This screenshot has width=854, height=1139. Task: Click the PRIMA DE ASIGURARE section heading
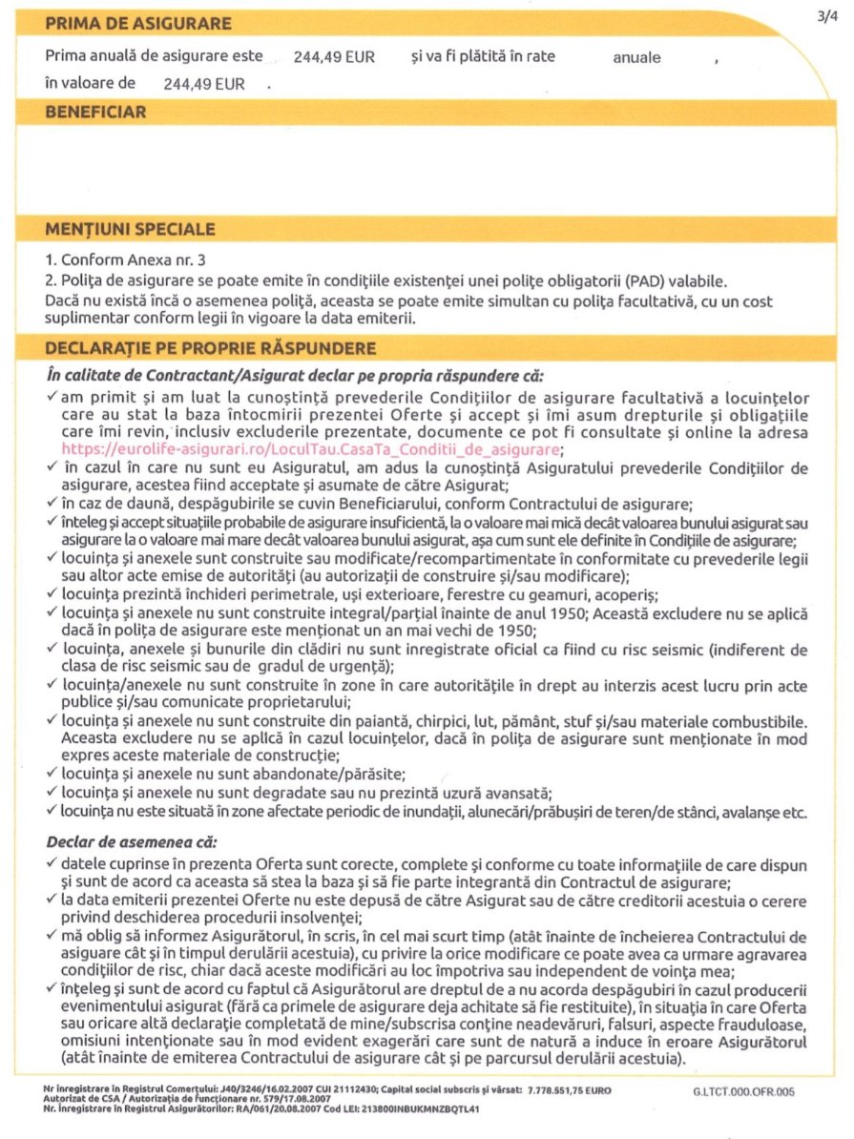[x=137, y=23]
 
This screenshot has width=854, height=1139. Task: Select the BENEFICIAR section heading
[x=95, y=113]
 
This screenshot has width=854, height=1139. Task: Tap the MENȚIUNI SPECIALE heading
[x=130, y=230]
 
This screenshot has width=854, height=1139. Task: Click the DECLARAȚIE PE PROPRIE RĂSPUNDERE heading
[x=211, y=349]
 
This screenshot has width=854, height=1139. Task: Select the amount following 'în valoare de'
[x=204, y=84]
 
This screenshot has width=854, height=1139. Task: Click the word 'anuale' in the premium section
[x=636, y=57]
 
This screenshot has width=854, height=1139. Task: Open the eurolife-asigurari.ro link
[x=311, y=447]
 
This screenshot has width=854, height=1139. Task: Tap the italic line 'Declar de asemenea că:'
[x=132, y=843]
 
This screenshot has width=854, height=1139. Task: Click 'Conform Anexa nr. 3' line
[x=125, y=259]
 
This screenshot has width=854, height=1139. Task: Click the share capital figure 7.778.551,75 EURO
[x=564, y=1089]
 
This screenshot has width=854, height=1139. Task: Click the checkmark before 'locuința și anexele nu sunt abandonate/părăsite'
[x=52, y=773]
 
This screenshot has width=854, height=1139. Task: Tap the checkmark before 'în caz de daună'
[x=52, y=503]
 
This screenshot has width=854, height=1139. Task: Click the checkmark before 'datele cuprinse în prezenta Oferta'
[x=52, y=863]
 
